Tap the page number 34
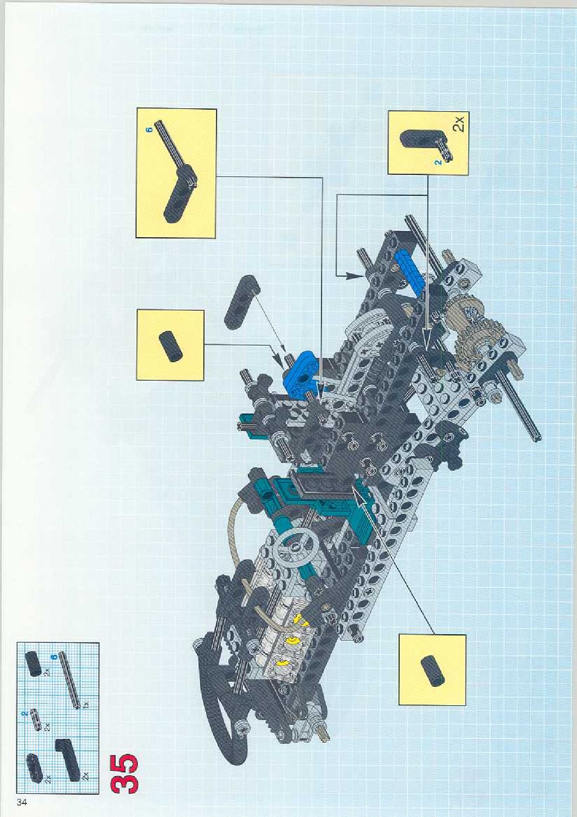[x=21, y=802]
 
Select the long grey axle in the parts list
[x=68, y=681]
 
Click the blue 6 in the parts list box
[x=54, y=656]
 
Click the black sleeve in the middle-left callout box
[x=170, y=345]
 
